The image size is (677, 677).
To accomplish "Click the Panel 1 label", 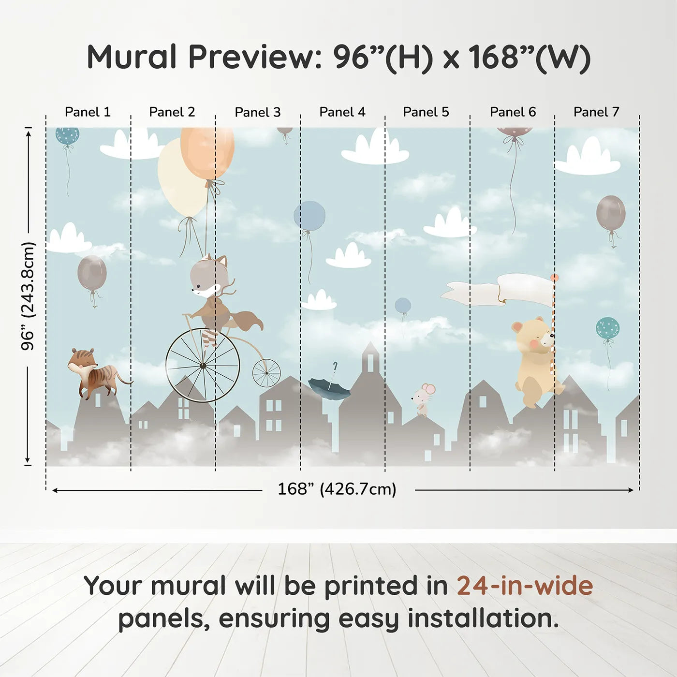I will (x=88, y=112).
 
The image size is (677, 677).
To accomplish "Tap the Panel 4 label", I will (x=342, y=112).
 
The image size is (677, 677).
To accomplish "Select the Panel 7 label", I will (x=596, y=112).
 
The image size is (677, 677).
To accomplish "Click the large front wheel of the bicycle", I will (x=203, y=366).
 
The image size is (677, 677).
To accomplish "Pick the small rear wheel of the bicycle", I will (x=266, y=373).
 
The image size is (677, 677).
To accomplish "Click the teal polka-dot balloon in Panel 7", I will (x=607, y=328).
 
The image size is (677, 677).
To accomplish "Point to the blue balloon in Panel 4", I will (x=309, y=216).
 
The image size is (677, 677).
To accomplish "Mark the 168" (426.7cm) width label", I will (x=337, y=489).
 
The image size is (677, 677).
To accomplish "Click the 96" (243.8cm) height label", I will (x=29, y=296).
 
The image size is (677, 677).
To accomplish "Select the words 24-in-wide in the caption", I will (x=525, y=586).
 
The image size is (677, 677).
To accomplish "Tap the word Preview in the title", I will (x=251, y=57).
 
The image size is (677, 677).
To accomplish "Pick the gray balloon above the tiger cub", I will (x=92, y=273).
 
